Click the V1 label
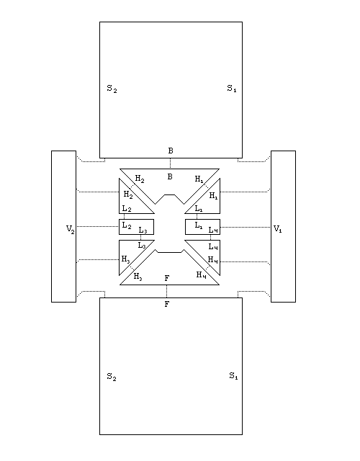(x=277, y=228)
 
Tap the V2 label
(x=71, y=229)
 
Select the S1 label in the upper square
(x=232, y=88)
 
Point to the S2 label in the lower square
(x=112, y=377)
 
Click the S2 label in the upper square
(x=112, y=89)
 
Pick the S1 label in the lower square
(x=233, y=376)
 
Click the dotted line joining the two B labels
(x=170, y=164)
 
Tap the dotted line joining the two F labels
(x=166, y=291)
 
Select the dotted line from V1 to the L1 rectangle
(x=246, y=227)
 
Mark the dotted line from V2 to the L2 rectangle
(x=98, y=226)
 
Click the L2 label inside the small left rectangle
(x=127, y=225)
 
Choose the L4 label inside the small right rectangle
(x=213, y=230)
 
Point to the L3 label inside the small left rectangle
(x=143, y=230)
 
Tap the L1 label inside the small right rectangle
(x=199, y=225)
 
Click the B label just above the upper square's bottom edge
(x=171, y=151)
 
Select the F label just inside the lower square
(x=167, y=304)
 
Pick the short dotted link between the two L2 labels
(x=124, y=216)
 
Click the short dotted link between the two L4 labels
(x=210, y=237)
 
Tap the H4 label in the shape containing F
(x=202, y=275)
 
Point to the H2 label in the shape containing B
(x=140, y=179)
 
